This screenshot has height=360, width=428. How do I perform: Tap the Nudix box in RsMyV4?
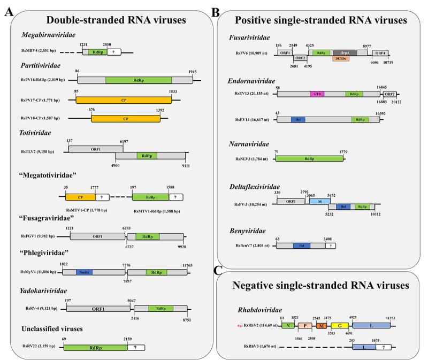pyautogui.click(x=84, y=272)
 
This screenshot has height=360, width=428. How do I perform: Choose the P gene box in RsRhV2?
pyautogui.click(x=305, y=325)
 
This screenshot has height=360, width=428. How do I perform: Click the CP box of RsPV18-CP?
pyautogui.click(x=125, y=118)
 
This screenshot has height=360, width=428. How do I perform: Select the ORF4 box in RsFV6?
pyautogui.click(x=380, y=52)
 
